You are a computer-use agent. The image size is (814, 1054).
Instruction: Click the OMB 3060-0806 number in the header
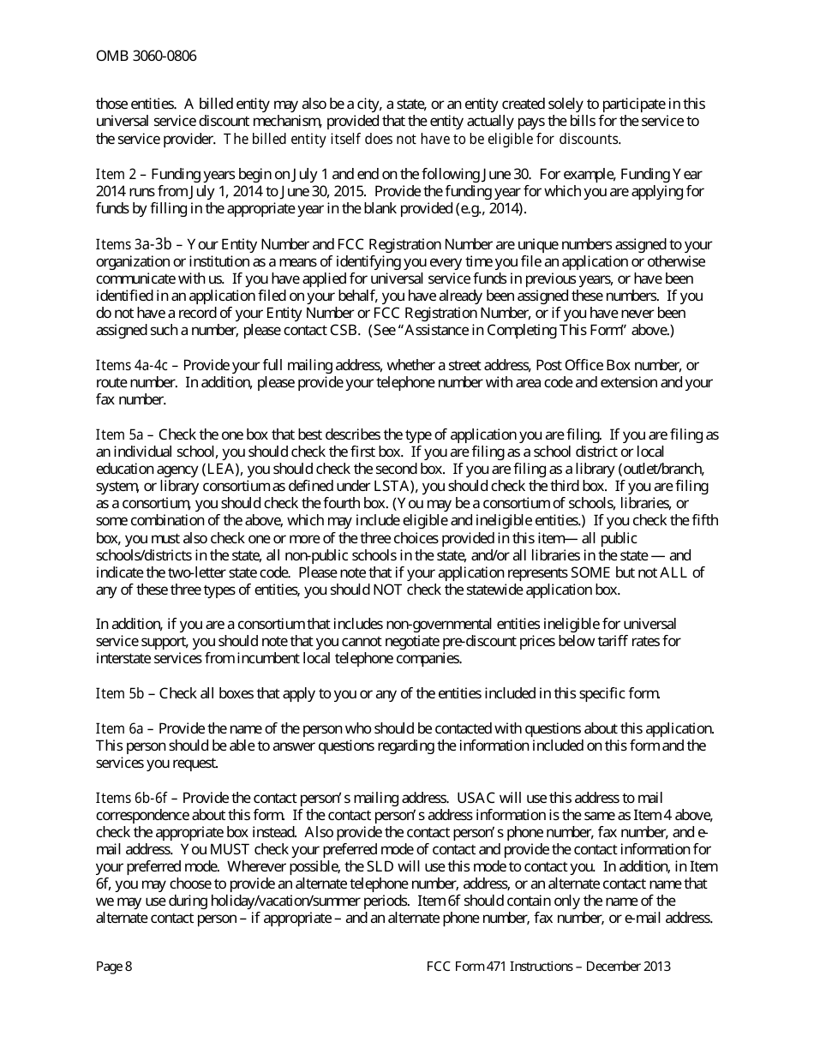pos(146,57)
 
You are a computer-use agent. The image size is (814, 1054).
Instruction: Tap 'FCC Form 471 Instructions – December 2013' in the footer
pos(548,967)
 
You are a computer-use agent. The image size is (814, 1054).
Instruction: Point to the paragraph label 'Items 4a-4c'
pos(132,366)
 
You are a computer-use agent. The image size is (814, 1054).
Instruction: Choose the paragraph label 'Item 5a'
pos(119,435)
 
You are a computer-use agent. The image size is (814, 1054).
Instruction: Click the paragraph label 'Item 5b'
pos(119,693)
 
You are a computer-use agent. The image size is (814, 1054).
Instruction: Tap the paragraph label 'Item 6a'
pos(119,728)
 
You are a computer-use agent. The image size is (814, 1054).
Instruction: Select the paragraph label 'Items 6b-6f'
pos(132,798)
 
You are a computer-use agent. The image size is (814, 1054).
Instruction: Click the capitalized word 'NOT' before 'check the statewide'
pos(389,590)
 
